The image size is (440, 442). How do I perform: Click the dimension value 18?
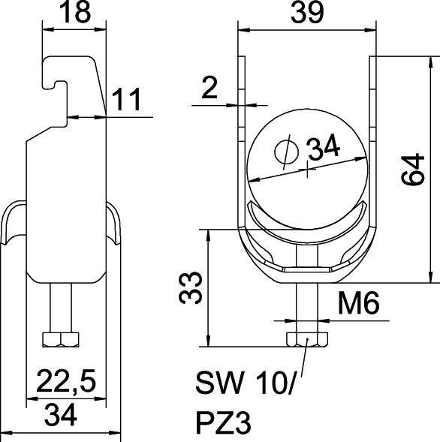coord(74,14)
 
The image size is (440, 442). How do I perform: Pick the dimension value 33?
coord(193,287)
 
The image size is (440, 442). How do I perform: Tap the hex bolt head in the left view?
coord(59,339)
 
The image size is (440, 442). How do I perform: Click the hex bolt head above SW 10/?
coord(307,339)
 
